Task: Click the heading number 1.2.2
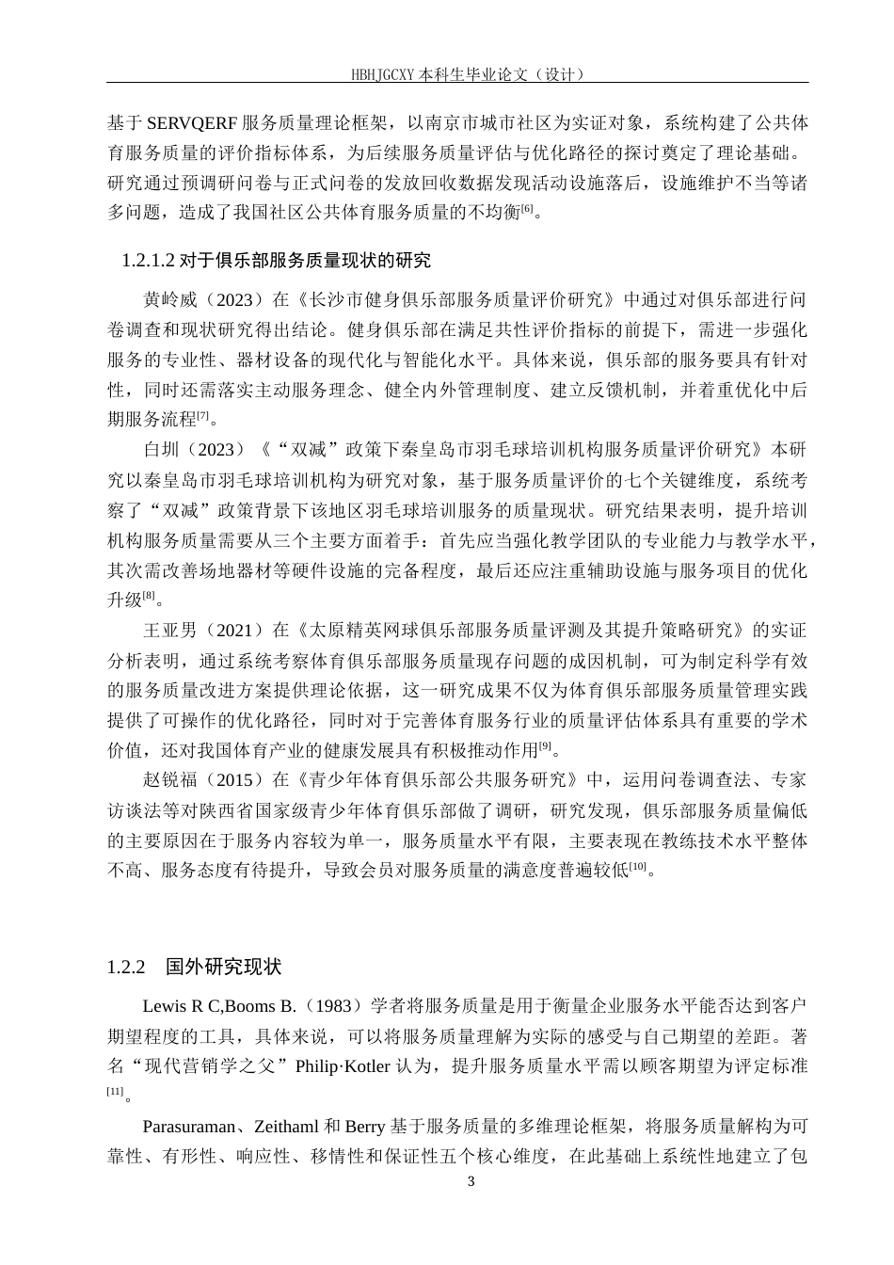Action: point(128,967)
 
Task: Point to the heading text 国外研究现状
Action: point(224,967)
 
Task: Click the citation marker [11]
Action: point(116,1092)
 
